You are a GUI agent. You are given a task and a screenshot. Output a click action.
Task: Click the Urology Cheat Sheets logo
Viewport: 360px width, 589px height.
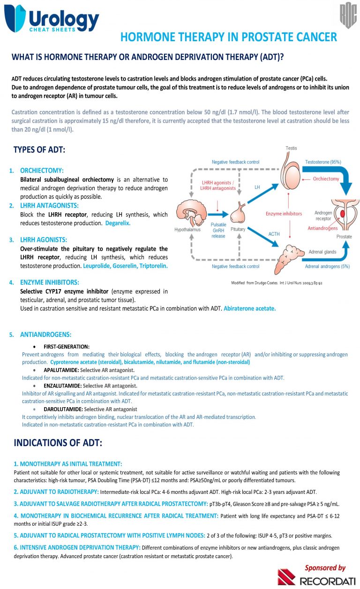pyautogui.click(x=52, y=19)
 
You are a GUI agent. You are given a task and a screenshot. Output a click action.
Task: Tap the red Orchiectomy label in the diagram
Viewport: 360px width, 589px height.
pyautogui.click(x=326, y=179)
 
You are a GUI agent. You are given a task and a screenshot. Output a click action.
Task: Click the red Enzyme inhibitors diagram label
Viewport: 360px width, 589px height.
pyautogui.click(x=284, y=214)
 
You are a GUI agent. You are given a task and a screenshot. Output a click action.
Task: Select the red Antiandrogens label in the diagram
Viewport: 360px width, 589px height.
pyautogui.click(x=322, y=228)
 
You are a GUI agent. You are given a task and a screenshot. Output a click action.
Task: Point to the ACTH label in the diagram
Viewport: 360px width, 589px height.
pyautogui.click(x=274, y=234)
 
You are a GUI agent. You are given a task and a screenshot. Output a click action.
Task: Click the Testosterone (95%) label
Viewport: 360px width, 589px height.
pyautogui.click(x=323, y=162)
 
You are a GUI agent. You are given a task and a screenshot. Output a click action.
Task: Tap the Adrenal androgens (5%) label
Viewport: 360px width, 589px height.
pyautogui.click(x=327, y=267)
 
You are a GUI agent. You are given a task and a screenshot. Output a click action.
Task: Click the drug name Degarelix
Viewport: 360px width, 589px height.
pyautogui.click(x=118, y=223)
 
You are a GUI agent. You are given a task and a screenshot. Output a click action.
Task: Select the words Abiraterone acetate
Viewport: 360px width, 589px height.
pyautogui.click(x=250, y=308)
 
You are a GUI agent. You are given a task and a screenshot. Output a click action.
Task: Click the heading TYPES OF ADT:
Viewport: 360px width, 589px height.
pyautogui.click(x=39, y=150)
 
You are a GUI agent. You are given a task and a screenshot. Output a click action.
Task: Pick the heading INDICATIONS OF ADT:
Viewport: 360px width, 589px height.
pyautogui.click(x=58, y=443)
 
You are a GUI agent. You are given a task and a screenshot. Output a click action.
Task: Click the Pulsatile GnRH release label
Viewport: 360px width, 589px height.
pyautogui.click(x=218, y=230)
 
